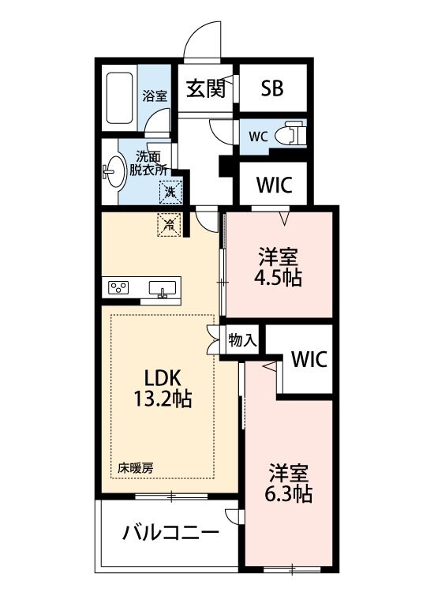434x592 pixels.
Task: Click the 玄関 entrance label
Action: [207, 88]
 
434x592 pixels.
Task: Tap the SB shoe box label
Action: [272, 88]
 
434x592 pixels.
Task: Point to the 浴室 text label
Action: [155, 96]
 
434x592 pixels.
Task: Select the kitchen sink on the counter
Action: [163, 287]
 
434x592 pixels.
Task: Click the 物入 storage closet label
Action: [242, 341]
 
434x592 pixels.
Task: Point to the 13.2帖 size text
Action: [164, 399]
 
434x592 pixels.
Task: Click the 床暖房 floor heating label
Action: [136, 467]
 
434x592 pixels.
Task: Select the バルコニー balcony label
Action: [170, 534]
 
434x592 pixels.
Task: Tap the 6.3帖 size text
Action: [287, 494]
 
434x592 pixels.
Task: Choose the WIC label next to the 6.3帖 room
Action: [309, 359]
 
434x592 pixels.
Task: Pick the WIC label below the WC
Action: [275, 185]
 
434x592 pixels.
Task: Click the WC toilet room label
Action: [259, 136]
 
